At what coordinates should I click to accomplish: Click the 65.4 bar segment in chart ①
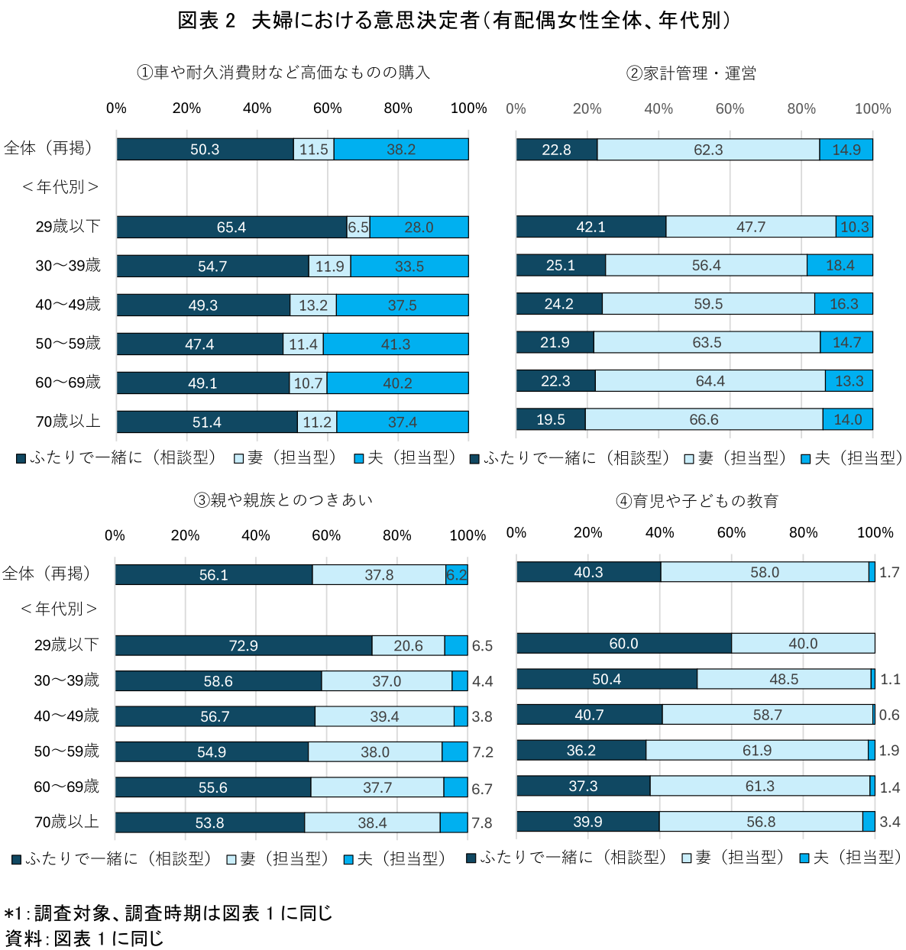(x=231, y=228)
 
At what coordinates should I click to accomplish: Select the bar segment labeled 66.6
(x=704, y=419)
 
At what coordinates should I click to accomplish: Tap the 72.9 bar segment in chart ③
(x=243, y=646)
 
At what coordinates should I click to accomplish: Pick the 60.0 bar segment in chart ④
(x=623, y=644)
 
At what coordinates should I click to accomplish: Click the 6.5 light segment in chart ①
(x=358, y=228)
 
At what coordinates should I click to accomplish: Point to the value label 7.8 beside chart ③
(x=482, y=823)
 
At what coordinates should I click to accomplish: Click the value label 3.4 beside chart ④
(x=890, y=822)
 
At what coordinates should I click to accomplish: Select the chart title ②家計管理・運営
(x=691, y=73)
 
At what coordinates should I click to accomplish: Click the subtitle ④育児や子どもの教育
(x=697, y=501)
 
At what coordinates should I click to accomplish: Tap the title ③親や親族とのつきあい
(x=283, y=500)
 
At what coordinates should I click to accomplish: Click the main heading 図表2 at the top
(x=206, y=21)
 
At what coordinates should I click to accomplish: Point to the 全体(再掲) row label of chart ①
(x=49, y=148)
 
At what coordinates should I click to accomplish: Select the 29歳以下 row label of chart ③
(x=66, y=645)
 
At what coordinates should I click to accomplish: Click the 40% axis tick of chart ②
(x=658, y=108)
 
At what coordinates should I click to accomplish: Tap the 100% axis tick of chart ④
(x=875, y=532)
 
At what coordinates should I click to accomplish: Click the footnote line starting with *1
(x=168, y=913)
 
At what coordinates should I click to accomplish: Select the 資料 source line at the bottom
(x=84, y=938)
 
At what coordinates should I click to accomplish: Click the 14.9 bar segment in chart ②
(x=846, y=150)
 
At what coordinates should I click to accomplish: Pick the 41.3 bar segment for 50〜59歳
(x=396, y=344)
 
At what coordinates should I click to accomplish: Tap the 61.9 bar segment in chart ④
(x=757, y=751)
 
